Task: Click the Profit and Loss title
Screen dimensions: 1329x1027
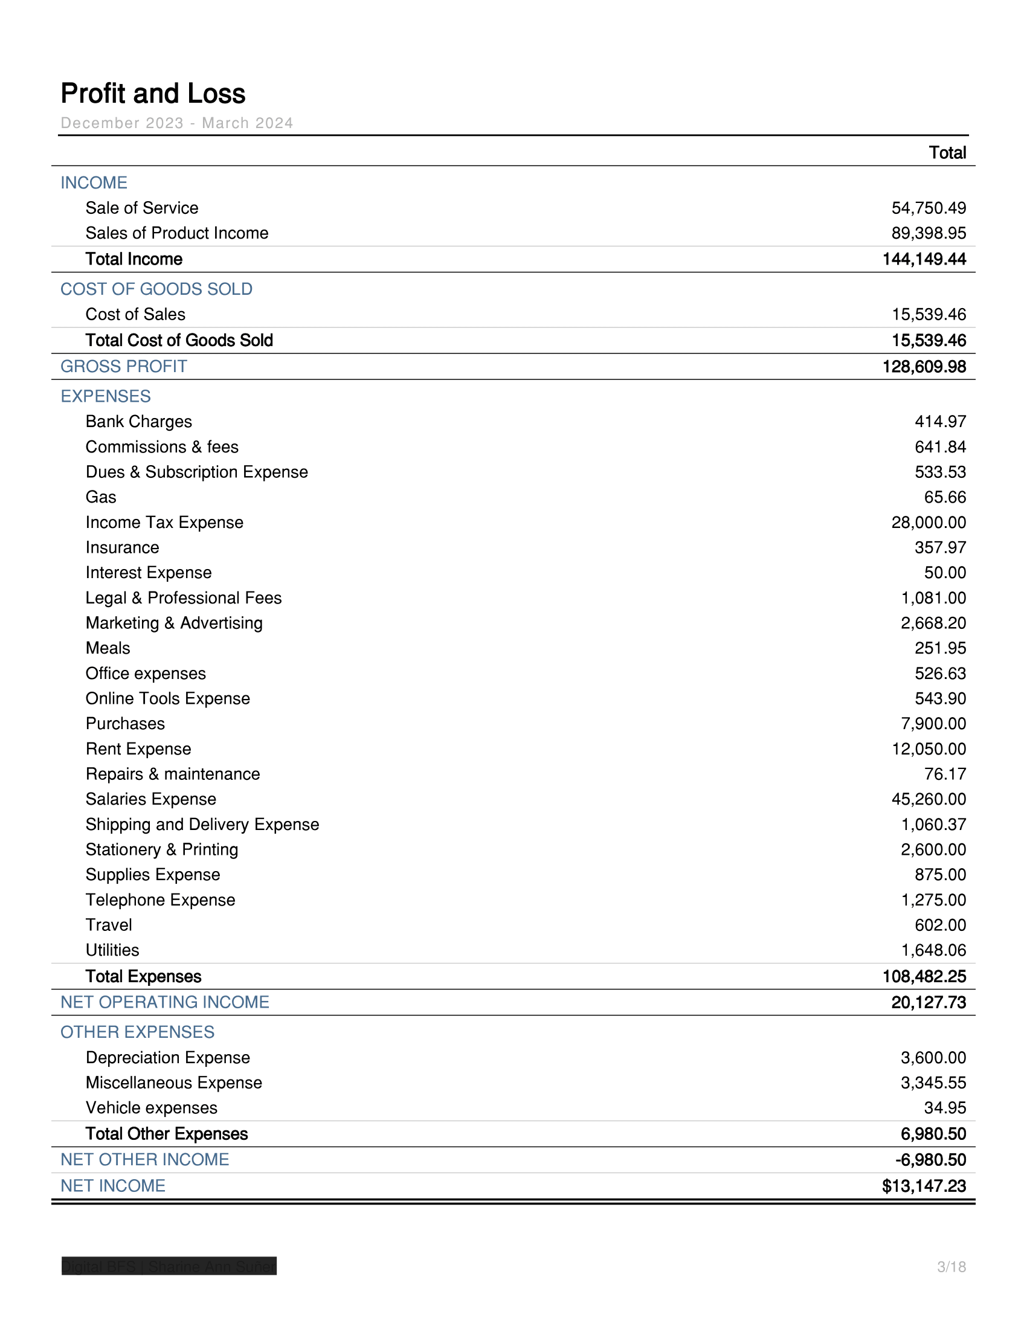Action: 153,94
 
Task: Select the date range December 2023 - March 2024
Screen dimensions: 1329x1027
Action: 176,123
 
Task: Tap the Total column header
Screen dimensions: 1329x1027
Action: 947,153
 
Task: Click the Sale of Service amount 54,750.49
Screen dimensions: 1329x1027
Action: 929,208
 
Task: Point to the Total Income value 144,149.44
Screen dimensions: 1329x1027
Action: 924,259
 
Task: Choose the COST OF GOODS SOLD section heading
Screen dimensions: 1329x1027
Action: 156,289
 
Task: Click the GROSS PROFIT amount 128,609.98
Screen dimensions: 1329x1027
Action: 924,367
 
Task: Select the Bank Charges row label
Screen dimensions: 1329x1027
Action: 139,422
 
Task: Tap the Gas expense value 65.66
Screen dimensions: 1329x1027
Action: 944,497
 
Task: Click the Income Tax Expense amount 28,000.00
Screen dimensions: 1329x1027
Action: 929,523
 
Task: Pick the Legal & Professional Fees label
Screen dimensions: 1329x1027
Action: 183,598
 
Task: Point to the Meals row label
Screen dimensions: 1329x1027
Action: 108,648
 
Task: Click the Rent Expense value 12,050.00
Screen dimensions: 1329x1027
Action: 929,749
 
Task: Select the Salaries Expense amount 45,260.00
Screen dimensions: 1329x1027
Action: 929,799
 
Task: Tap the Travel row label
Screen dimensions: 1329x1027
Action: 109,925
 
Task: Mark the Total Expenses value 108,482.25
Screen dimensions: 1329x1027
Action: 924,977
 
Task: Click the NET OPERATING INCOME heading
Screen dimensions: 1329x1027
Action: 165,1002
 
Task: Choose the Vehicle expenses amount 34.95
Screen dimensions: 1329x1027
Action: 944,1108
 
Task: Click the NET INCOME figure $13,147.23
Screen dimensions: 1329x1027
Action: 924,1186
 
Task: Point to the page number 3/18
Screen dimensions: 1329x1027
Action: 951,1267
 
